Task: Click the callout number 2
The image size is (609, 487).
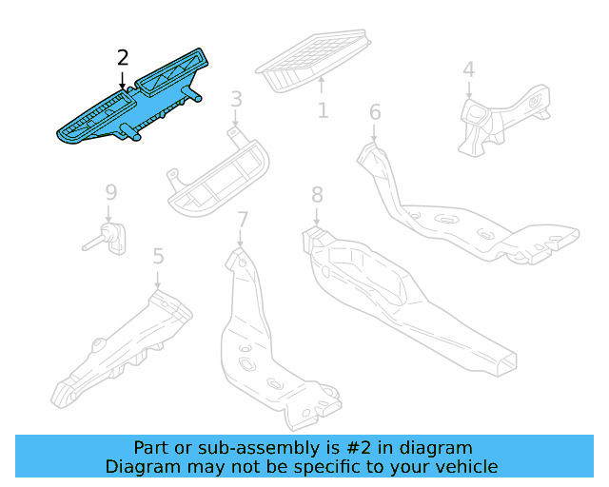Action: click(x=123, y=59)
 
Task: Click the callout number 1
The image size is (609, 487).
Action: click(x=323, y=111)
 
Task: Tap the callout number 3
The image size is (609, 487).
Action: click(x=236, y=99)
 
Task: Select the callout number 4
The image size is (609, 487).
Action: click(x=468, y=69)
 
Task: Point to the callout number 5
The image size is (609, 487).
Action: click(x=158, y=256)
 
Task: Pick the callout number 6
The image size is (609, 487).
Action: click(x=375, y=113)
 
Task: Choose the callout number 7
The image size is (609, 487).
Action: click(x=243, y=221)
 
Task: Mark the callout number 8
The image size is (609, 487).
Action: click(x=318, y=196)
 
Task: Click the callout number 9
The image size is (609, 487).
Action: click(x=110, y=193)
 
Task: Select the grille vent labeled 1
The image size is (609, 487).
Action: click(x=315, y=61)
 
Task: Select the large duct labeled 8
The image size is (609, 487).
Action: click(x=400, y=295)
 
